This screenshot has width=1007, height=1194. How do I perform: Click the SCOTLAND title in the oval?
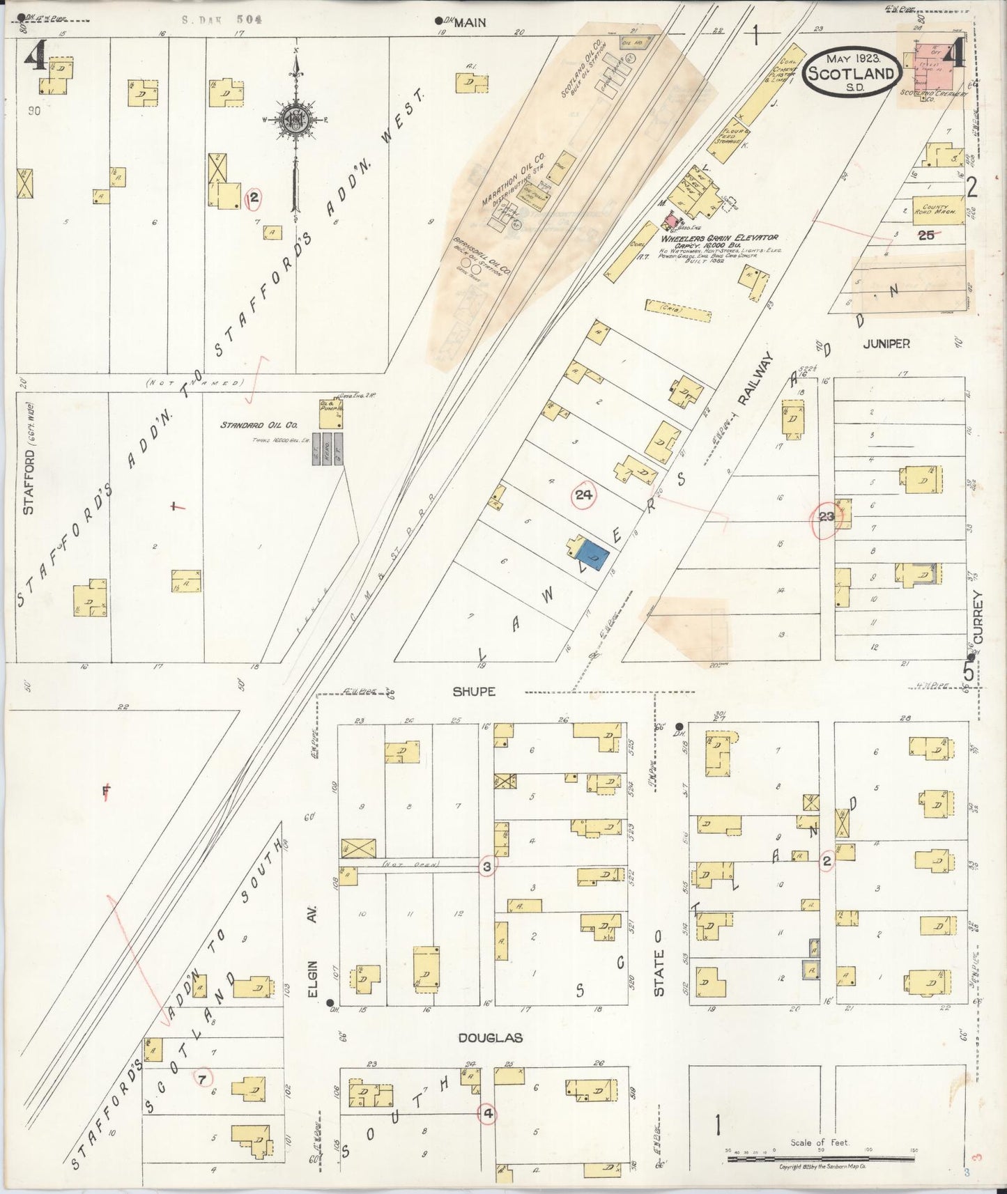850,73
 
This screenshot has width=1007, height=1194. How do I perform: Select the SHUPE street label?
474,692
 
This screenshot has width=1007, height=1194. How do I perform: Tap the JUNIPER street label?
886,343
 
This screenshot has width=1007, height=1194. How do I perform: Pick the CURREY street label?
978,617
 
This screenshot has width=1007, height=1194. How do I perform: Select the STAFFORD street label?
28,472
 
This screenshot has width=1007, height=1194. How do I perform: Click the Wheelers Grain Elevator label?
718,238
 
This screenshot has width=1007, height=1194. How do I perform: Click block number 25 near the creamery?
925,235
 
